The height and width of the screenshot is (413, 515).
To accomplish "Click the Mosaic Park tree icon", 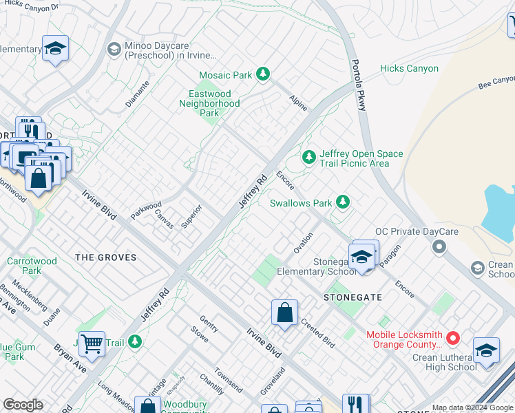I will pos(262,74).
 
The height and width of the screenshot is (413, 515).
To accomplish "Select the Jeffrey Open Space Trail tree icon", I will pos(309,158).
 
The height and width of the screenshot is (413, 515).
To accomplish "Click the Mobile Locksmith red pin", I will pos(452,338).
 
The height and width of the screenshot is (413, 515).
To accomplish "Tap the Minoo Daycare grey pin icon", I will pos(114,49).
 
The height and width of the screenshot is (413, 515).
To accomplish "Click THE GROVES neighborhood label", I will pos(105,257).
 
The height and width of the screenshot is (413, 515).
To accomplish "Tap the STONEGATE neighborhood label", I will pos(353,297).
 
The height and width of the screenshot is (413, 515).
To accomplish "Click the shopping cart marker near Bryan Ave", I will pos(92,342).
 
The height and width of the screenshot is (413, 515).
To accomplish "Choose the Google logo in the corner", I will pos(23,405).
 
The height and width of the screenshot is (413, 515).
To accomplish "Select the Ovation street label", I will pos(303,242).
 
